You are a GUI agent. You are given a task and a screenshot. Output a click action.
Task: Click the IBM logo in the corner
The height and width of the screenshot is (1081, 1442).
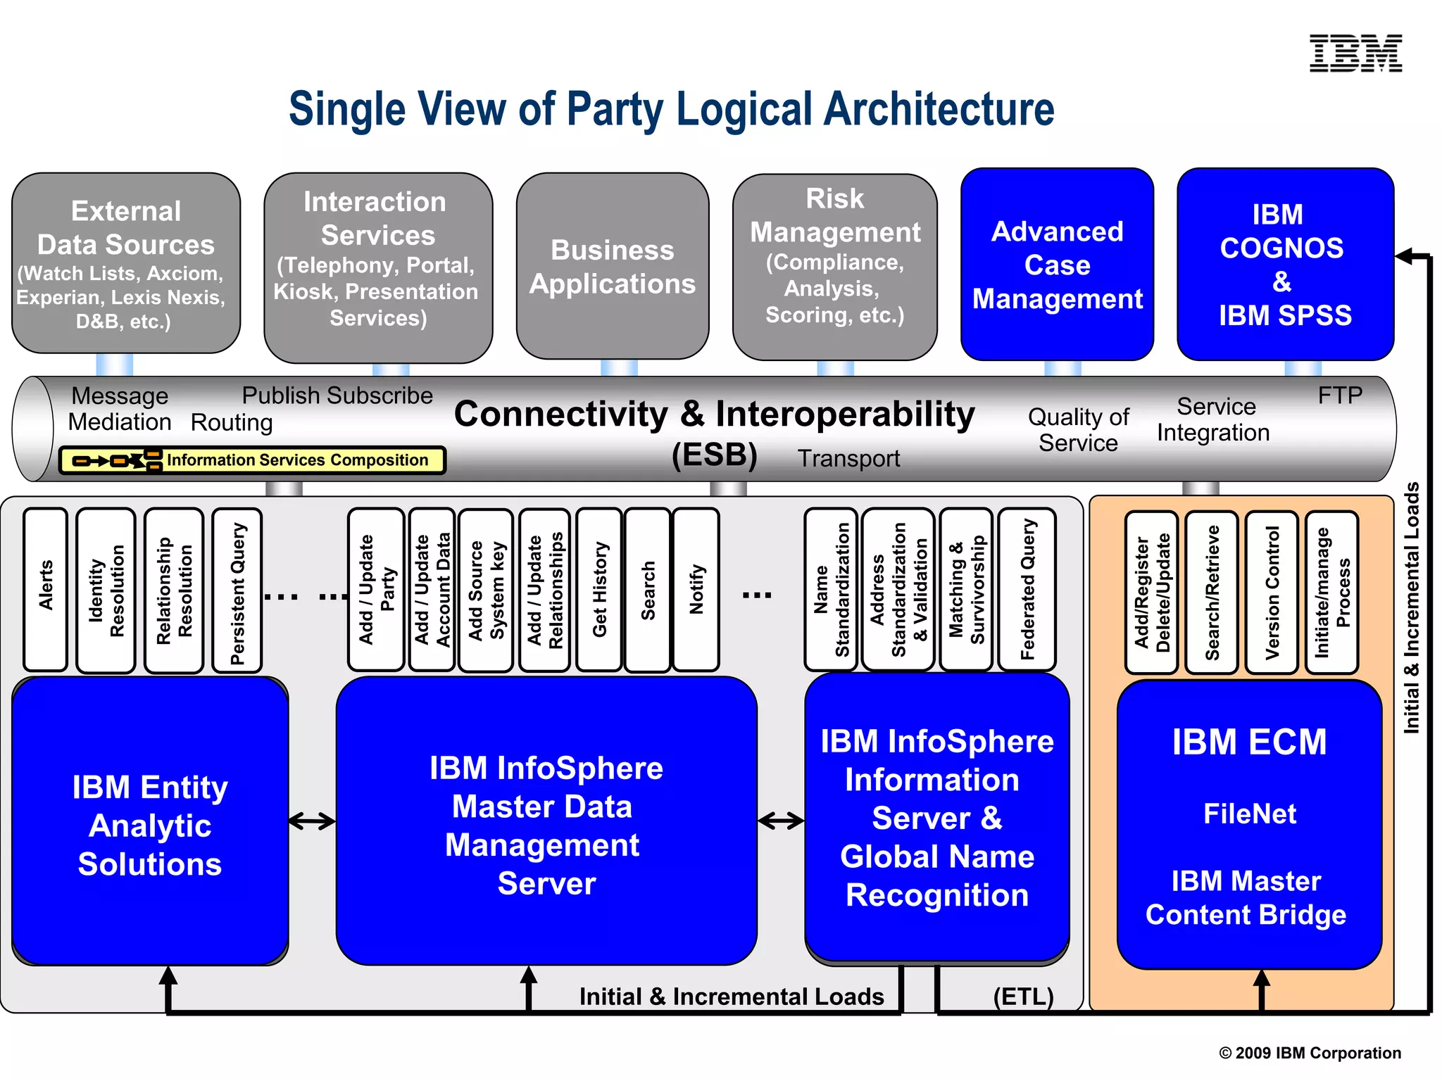coord(1355,53)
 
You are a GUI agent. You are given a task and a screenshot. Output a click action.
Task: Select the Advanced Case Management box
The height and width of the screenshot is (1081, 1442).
coord(1057,265)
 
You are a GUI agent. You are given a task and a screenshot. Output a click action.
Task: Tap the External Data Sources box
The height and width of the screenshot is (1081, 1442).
coord(126,263)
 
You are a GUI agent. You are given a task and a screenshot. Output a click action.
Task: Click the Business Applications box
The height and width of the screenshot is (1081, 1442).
coord(613,267)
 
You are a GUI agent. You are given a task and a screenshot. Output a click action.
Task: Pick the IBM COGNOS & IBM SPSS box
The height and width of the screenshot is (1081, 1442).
coord(1285,265)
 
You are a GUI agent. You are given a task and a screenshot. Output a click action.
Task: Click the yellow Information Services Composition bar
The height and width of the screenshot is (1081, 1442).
coord(252,460)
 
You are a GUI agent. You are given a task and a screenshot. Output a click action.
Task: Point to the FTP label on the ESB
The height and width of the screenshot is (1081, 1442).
coord(1339,396)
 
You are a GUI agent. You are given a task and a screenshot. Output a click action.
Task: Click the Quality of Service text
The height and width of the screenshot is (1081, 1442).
coord(1078,430)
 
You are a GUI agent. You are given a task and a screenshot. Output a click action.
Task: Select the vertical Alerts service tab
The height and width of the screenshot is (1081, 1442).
coord(46,588)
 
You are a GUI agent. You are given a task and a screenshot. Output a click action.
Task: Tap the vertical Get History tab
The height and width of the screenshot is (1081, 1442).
coord(599,588)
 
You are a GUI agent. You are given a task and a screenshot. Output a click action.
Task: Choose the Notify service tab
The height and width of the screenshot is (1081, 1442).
coord(696,588)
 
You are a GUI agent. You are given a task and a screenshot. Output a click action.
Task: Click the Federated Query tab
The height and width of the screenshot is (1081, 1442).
coord(1027,588)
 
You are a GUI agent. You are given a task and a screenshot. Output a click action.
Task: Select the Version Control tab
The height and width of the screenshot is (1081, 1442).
coord(1272,592)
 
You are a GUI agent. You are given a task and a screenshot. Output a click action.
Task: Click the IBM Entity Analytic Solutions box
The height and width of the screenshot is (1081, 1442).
coord(150,824)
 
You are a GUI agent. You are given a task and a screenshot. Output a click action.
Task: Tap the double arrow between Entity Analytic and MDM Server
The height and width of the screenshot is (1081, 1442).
coord(312,821)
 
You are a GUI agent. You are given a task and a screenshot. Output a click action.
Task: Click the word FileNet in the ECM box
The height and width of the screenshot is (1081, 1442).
coord(1249,814)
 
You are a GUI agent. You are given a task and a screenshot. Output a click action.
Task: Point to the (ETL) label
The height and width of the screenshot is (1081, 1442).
coord(1022,996)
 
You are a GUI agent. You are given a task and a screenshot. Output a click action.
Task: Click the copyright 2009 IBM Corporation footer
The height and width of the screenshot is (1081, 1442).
coord(1310,1053)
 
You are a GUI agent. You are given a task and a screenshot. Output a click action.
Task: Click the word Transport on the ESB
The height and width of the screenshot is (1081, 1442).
coord(848,458)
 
